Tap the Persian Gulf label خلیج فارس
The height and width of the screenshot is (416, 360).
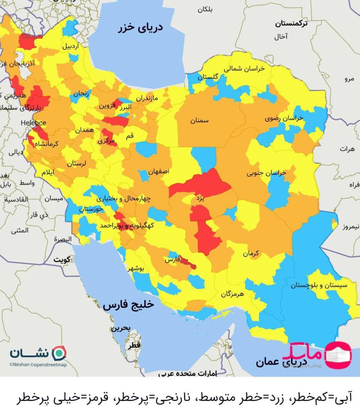click(x=128, y=305)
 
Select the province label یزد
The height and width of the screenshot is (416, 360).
click(x=199, y=198)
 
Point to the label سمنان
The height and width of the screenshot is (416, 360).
click(x=199, y=121)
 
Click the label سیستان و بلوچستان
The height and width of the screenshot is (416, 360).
click(x=319, y=285)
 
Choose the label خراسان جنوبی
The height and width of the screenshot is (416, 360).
click(x=266, y=173)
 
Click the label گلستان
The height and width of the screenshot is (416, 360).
click(x=208, y=77)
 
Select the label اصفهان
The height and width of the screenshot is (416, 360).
click(x=158, y=172)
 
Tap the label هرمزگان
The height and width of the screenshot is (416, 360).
click(x=233, y=294)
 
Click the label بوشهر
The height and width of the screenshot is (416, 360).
click(x=136, y=269)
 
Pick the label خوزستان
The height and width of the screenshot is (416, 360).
click(x=91, y=210)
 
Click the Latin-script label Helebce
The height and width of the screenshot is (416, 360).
click(x=33, y=123)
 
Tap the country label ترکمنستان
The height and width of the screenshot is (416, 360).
click(x=291, y=23)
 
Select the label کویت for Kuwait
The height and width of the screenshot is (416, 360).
click(x=62, y=259)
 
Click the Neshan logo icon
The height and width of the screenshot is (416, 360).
click(x=59, y=352)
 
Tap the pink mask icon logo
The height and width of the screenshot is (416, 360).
click(x=338, y=354)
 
